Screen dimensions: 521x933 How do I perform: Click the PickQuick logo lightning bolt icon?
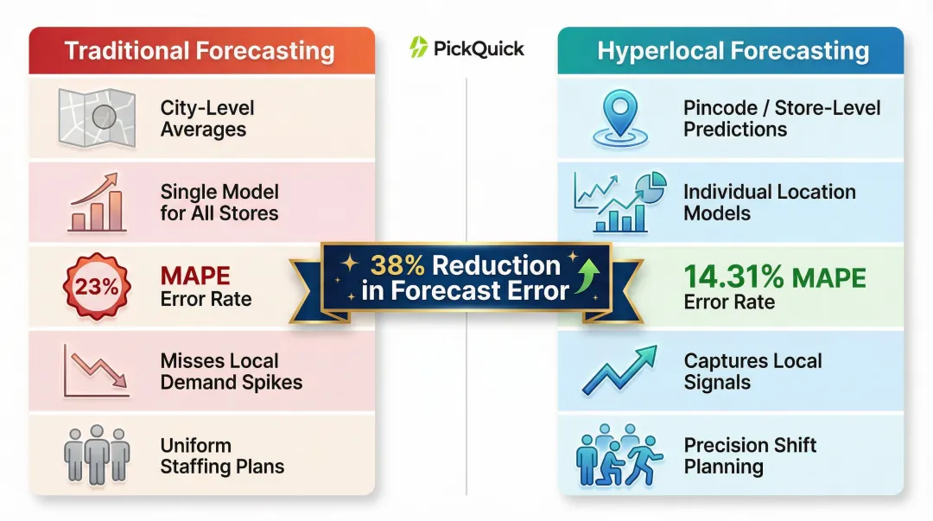(x=419, y=48)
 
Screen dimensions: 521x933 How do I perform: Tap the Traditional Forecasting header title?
(x=200, y=50)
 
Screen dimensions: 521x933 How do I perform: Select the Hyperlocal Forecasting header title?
(x=733, y=50)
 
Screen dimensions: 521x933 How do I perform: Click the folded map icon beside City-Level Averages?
(x=95, y=117)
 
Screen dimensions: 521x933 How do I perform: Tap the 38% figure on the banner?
(x=400, y=265)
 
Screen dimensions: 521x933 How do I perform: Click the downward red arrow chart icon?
(x=95, y=371)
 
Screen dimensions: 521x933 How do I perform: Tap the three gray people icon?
(x=96, y=454)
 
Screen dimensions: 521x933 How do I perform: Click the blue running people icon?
(x=618, y=455)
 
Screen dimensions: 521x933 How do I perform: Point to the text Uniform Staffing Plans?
(x=222, y=456)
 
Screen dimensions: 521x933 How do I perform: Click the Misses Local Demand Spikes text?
(x=231, y=372)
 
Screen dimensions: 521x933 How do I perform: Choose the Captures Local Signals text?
(x=752, y=372)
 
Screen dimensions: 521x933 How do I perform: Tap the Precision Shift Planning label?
(x=750, y=456)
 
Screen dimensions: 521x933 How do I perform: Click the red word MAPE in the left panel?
(x=195, y=276)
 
